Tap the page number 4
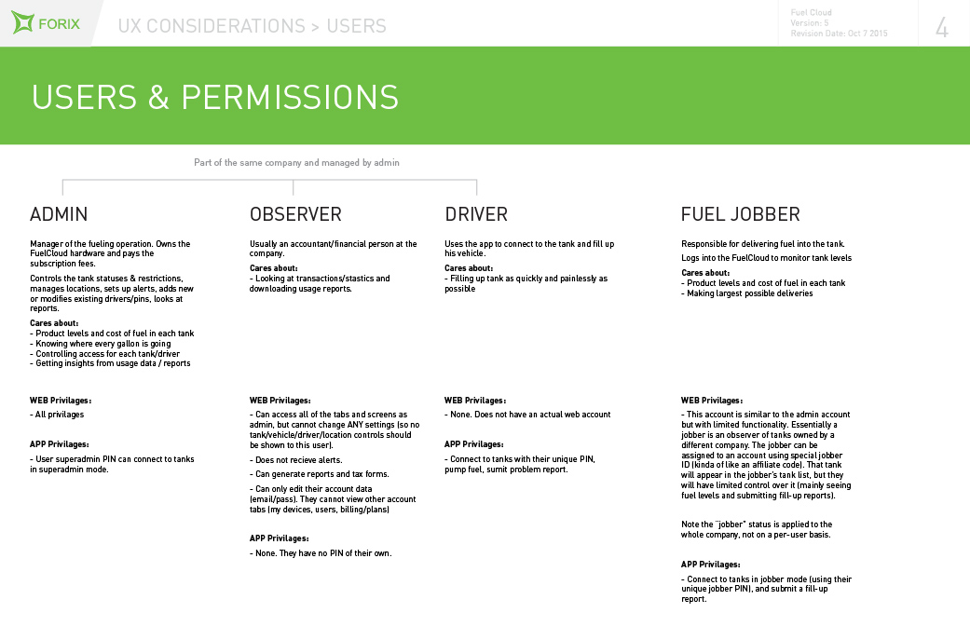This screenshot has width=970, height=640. tap(942, 28)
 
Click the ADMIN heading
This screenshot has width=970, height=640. tap(59, 214)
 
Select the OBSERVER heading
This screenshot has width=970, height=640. tap(295, 214)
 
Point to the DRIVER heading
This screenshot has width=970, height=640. tap(476, 214)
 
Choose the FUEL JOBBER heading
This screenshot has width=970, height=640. tap(740, 214)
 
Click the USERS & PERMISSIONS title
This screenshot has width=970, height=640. tap(215, 97)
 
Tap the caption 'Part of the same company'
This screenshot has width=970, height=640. tap(296, 162)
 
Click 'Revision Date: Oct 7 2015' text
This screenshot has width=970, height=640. tap(839, 34)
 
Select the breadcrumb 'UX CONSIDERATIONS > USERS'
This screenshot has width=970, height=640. tap(252, 26)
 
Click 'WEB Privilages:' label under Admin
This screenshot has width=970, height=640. tap(61, 401)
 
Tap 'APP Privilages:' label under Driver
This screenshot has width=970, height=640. tap(474, 444)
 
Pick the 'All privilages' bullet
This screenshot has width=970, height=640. tap(58, 415)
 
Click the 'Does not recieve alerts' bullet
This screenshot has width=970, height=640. tap(299, 460)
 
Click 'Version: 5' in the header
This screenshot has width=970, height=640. tap(810, 22)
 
